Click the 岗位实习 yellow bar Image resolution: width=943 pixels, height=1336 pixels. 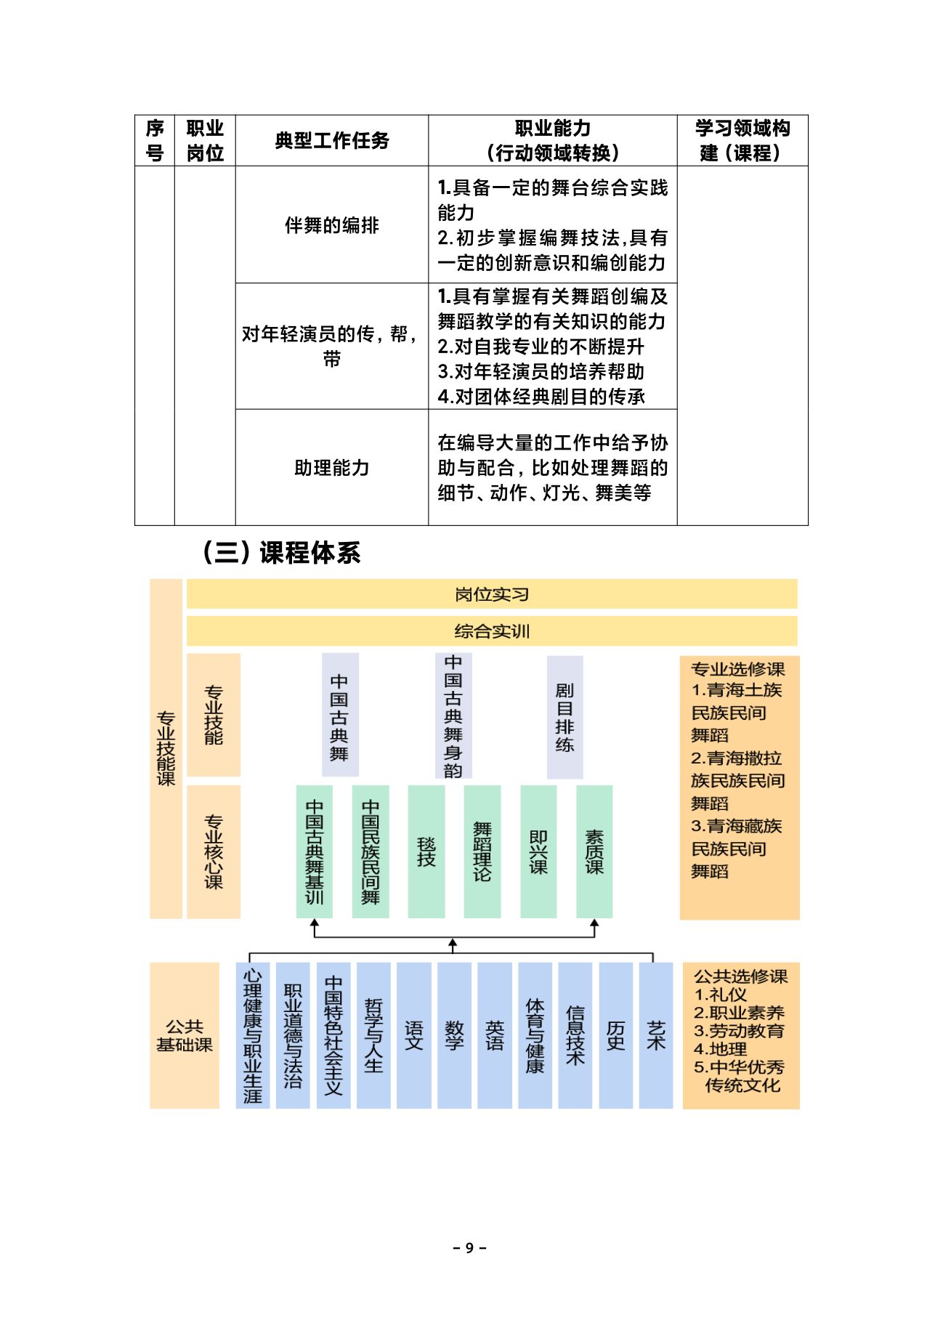tap(492, 594)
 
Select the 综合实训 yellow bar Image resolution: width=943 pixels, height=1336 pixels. tap(492, 631)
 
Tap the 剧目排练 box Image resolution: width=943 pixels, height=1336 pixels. tap(564, 717)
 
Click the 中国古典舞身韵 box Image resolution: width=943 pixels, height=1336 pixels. tap(453, 716)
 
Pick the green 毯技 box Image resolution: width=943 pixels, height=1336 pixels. tap(426, 851)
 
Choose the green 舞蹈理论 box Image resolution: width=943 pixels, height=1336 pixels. tap(482, 851)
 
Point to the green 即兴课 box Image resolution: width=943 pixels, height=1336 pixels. tap(538, 851)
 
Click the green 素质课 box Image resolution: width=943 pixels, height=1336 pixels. tap(594, 851)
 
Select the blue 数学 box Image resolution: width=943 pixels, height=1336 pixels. tap(454, 1035)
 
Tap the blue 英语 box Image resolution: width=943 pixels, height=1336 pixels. tap(495, 1035)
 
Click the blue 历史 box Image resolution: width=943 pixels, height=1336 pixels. tap(615, 1035)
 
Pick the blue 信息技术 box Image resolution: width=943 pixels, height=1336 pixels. tap(575, 1035)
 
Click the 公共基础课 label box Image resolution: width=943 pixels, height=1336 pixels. tap(185, 1035)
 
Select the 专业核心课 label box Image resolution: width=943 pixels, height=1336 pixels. tap(214, 851)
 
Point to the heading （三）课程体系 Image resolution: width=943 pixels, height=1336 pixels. tap(280, 553)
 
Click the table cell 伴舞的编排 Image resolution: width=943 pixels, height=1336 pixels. tap(332, 225)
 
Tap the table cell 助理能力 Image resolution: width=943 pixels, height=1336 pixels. tap(332, 467)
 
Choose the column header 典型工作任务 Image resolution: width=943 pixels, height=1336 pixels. tap(332, 140)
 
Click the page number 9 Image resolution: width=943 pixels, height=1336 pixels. tap(470, 1248)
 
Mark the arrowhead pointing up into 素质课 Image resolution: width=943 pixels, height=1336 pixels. tap(594, 924)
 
